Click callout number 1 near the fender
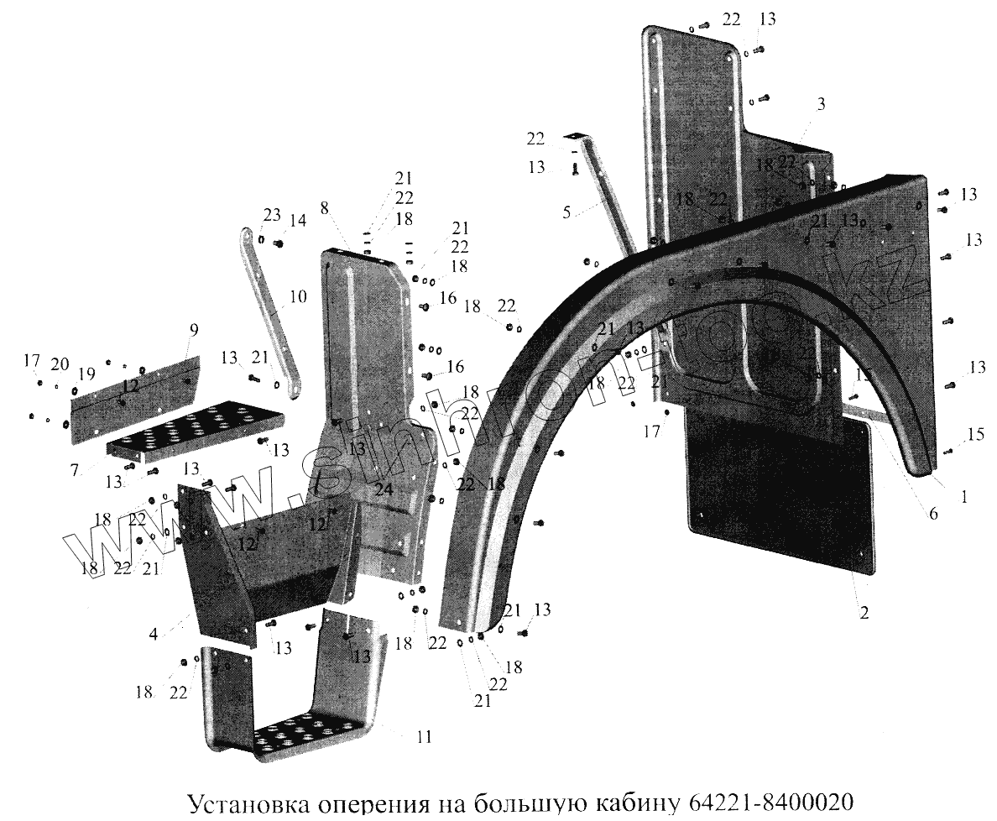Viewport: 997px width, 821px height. point(964,496)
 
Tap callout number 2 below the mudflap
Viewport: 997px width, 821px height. point(864,613)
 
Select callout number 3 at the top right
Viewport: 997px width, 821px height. point(821,104)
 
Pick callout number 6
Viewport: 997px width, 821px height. point(932,514)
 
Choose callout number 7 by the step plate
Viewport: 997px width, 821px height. point(75,469)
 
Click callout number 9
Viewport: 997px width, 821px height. point(193,331)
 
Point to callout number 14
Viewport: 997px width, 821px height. point(297,222)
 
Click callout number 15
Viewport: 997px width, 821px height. point(975,434)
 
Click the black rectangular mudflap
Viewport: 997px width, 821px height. point(776,495)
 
